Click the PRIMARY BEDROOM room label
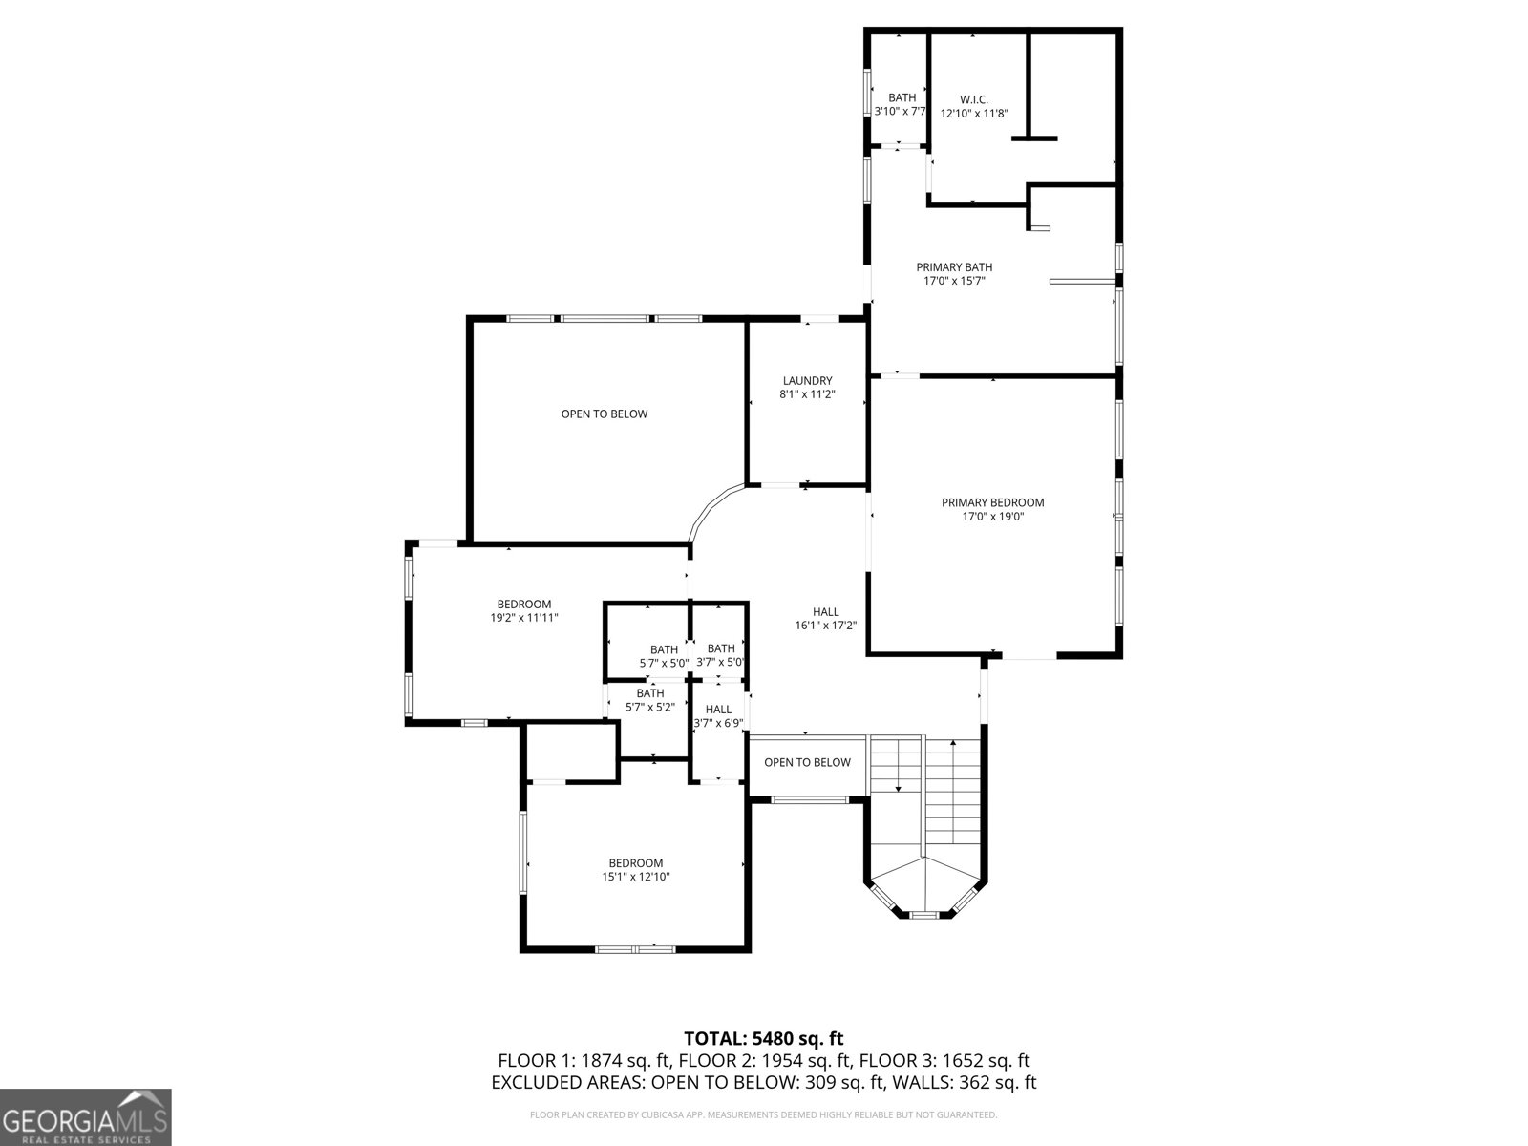(992, 502)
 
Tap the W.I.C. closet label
(973, 99)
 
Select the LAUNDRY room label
(807, 380)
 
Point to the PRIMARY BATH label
(954, 267)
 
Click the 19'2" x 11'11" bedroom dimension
(523, 618)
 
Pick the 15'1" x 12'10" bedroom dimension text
(635, 877)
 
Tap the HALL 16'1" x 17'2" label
(826, 619)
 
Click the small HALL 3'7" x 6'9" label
(718, 716)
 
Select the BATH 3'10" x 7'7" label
(902, 104)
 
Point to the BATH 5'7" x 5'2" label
(650, 700)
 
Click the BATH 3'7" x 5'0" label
(721, 655)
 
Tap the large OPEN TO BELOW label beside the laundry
(604, 414)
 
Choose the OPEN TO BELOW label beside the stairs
(807, 762)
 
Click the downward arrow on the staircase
(899, 788)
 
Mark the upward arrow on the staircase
(952, 744)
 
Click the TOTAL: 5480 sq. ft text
(763, 1038)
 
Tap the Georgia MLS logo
(85, 1116)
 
